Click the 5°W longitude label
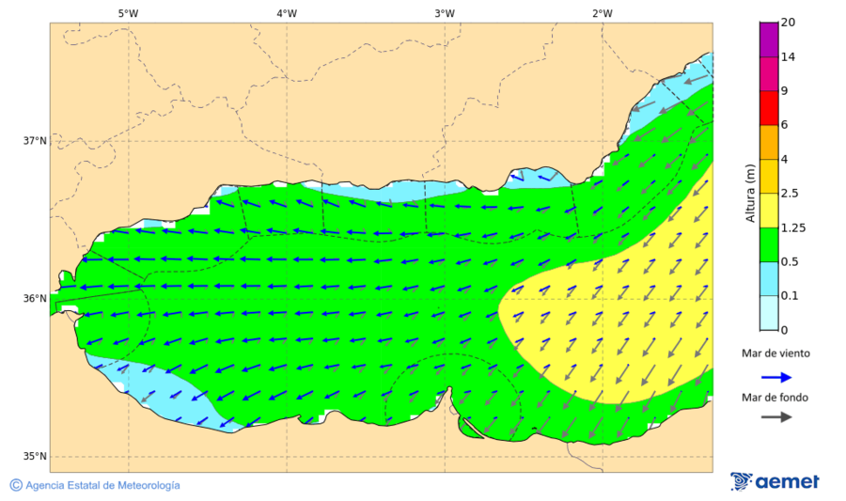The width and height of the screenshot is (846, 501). tap(128, 13)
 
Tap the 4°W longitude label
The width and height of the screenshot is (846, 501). tap(287, 13)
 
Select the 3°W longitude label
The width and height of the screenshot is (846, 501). tap(445, 13)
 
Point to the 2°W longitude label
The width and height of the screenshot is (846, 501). tap(603, 13)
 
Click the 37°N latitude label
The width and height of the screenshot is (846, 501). tap(35, 141)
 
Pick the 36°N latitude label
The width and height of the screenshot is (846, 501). tap(35, 299)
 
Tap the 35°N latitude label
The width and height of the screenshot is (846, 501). tap(35, 457)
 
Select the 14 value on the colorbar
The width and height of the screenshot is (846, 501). tap(788, 57)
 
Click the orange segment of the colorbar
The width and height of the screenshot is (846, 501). tap(769, 142)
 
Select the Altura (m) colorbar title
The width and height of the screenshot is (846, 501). tap(750, 193)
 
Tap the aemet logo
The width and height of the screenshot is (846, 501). tap(775, 481)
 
